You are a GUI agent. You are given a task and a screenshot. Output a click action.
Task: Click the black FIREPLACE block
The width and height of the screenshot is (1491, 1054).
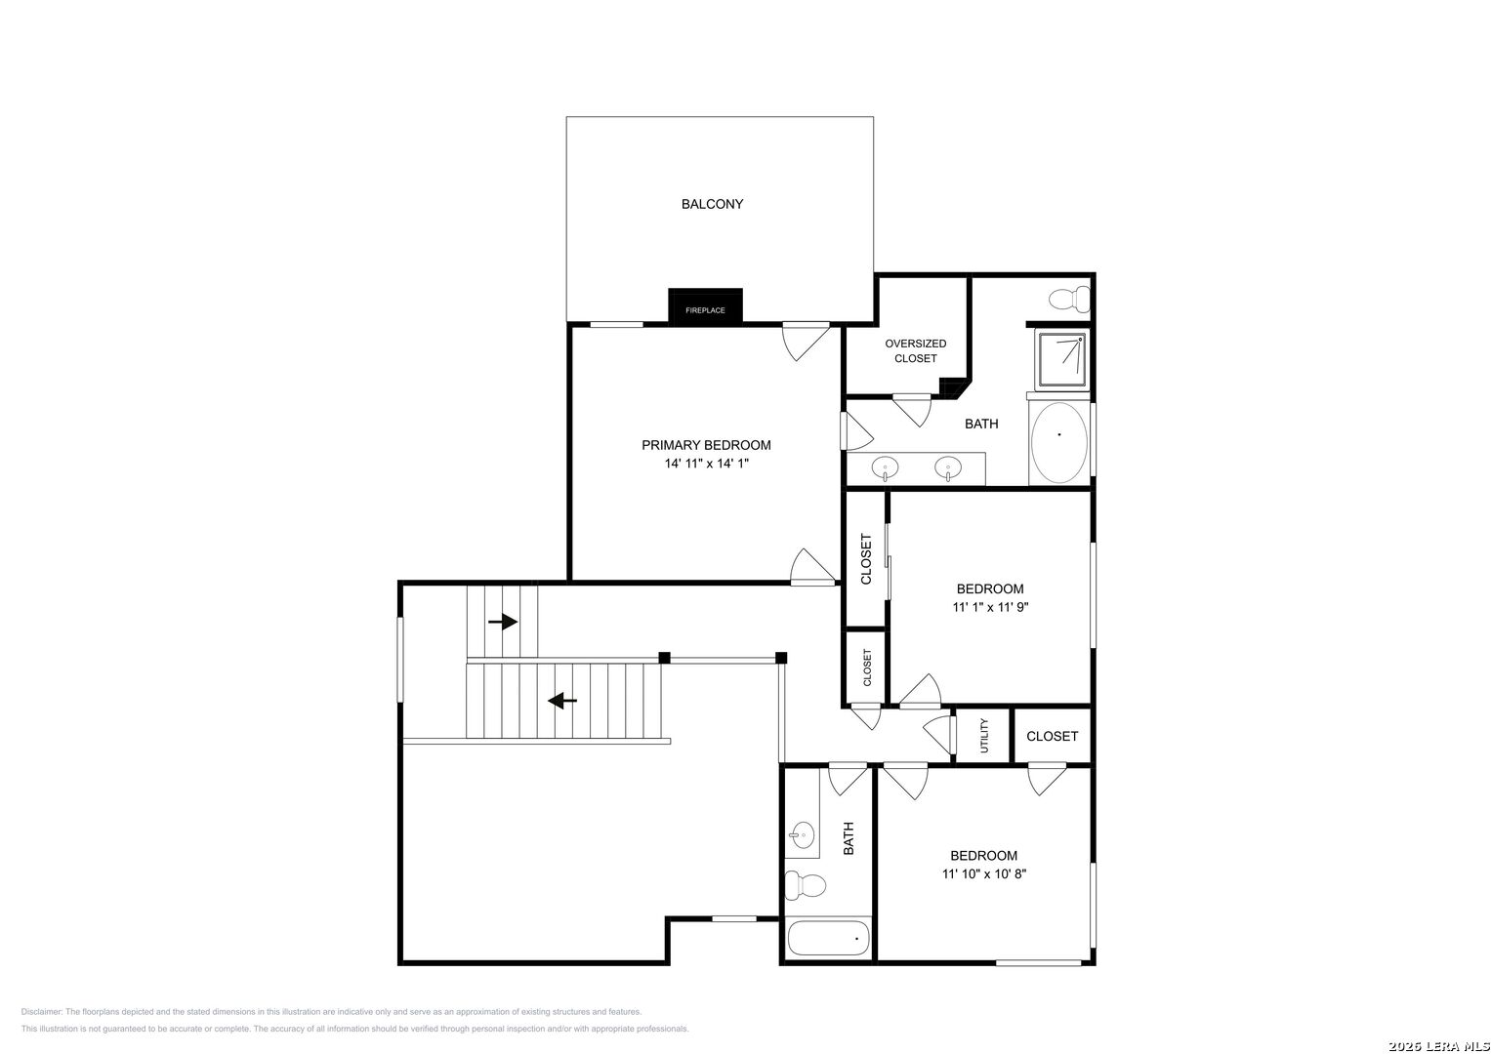click(705, 306)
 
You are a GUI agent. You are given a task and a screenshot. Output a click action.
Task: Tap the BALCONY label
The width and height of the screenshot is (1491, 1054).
click(712, 204)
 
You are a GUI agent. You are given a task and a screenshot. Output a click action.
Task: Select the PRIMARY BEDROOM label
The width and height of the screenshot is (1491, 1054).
click(706, 445)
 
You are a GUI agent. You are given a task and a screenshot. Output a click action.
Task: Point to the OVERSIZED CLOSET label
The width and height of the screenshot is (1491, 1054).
click(915, 350)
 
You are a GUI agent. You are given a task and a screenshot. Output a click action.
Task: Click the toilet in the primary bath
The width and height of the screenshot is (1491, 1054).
click(1069, 299)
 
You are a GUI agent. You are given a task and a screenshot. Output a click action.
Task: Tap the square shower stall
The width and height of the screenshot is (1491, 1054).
click(1062, 360)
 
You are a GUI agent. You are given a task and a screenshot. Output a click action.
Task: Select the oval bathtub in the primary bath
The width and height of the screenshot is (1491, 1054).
click(1059, 442)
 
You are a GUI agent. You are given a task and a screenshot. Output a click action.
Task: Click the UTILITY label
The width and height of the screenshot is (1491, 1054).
click(984, 735)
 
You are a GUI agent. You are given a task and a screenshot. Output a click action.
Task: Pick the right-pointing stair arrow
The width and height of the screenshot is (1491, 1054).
click(503, 622)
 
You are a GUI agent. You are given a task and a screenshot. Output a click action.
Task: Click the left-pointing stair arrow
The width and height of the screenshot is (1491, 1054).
click(561, 701)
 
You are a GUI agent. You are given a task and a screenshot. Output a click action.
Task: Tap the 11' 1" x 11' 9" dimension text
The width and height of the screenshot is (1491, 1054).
click(990, 607)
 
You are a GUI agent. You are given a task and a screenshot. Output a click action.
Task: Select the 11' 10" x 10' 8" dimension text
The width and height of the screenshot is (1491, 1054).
click(984, 873)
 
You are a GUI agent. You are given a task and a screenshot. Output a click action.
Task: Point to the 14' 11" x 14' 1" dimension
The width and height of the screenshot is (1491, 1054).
click(706, 464)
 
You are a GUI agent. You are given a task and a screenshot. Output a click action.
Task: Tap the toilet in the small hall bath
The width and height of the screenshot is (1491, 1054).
click(806, 885)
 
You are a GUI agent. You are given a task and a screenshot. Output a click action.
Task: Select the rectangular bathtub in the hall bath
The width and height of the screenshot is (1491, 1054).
click(828, 939)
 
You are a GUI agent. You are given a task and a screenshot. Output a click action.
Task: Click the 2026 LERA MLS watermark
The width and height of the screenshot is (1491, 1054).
click(1438, 1046)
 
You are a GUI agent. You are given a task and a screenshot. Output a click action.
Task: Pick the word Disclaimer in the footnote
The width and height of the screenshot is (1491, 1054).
click(41, 1012)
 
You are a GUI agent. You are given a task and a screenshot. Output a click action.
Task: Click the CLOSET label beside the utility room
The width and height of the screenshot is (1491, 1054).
click(1052, 736)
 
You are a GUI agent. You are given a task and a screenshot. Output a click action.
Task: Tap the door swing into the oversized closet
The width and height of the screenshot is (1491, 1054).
click(912, 410)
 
